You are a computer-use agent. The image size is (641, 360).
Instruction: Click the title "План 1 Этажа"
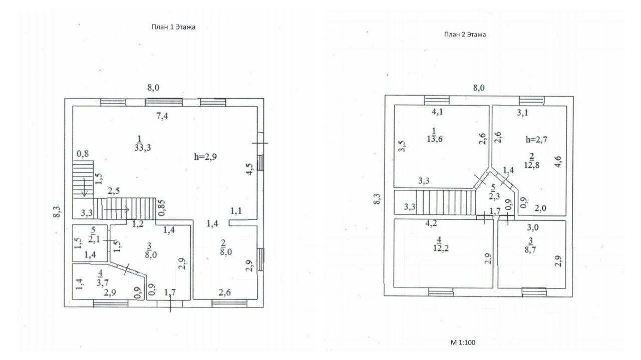tap(173, 28)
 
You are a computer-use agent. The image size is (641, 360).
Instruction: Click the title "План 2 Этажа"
tap(465, 35)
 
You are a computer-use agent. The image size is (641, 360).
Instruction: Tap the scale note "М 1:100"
tap(463, 343)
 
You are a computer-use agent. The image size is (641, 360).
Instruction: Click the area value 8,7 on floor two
tap(532, 248)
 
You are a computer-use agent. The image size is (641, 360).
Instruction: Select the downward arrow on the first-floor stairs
tap(85, 190)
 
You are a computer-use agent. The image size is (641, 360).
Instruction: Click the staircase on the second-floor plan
tap(446, 202)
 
